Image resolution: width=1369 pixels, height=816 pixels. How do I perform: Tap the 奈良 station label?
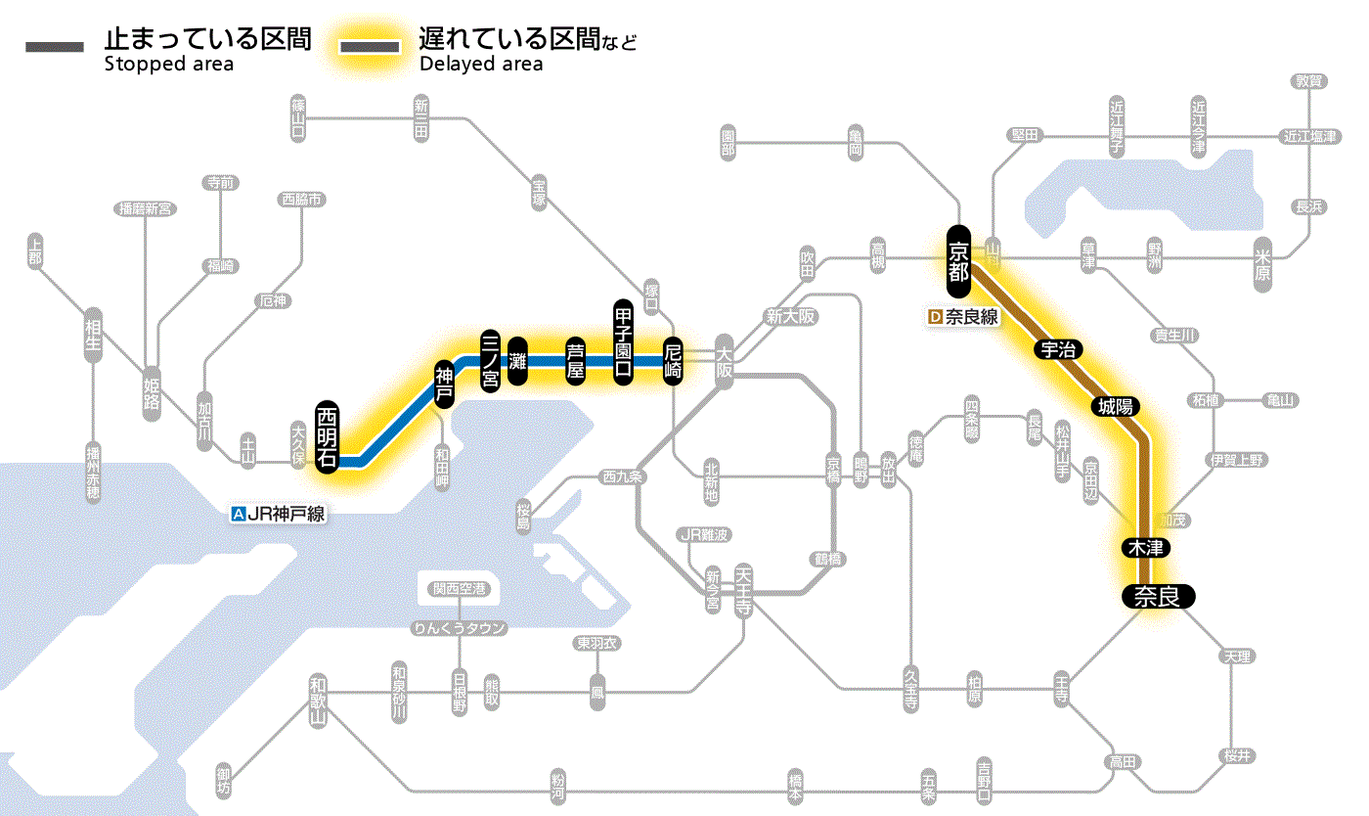coord(1158,595)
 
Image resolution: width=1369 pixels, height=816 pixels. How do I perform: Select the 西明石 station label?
coord(328,436)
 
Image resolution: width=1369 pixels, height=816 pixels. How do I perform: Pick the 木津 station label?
coord(1143,548)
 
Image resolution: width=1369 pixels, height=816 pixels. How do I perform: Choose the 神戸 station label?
coord(444,385)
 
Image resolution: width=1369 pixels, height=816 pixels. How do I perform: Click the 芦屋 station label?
coord(576,361)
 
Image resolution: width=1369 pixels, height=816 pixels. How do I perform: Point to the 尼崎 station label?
coord(673,361)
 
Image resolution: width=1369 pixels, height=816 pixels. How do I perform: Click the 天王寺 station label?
coord(743,586)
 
